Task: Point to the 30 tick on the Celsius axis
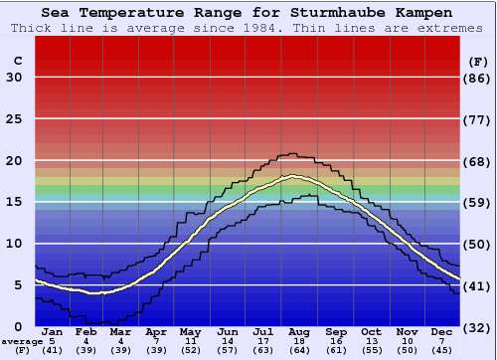pyautogui.click(x=14, y=78)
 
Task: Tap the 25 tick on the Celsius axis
pyautogui.click(x=14, y=119)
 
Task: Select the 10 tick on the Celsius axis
pyautogui.click(x=14, y=244)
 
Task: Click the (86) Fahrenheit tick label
pyautogui.click(x=479, y=78)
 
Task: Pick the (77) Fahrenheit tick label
pyautogui.click(x=479, y=119)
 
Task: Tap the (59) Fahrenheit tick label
pyautogui.click(x=479, y=203)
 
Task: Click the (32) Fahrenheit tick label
pyautogui.click(x=479, y=327)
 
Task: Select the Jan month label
pyautogui.click(x=53, y=331)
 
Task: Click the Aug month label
pyautogui.click(x=299, y=331)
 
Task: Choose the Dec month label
pyautogui.click(x=441, y=331)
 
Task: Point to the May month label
pyautogui.click(x=189, y=331)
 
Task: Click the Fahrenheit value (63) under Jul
pyautogui.click(x=263, y=351)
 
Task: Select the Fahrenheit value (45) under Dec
pyautogui.click(x=441, y=351)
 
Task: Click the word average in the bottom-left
pyautogui.click(x=21, y=341)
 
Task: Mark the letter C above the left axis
pyautogui.click(x=17, y=61)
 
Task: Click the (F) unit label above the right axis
pyautogui.click(x=478, y=61)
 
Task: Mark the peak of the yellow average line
pyautogui.click(x=292, y=177)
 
